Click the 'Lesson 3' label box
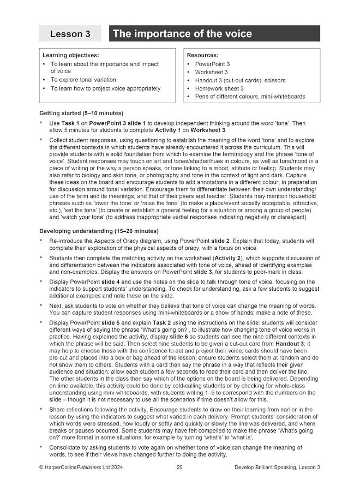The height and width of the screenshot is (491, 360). pyautogui.click(x=70, y=34)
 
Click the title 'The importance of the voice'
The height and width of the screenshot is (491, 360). pyautogui.click(x=182, y=34)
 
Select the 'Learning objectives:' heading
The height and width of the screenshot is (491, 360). pyautogui.click(x=70, y=56)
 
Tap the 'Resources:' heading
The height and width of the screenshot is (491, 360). pyautogui.click(x=202, y=56)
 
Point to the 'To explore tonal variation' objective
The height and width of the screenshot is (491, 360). pyautogui.click(x=83, y=80)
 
